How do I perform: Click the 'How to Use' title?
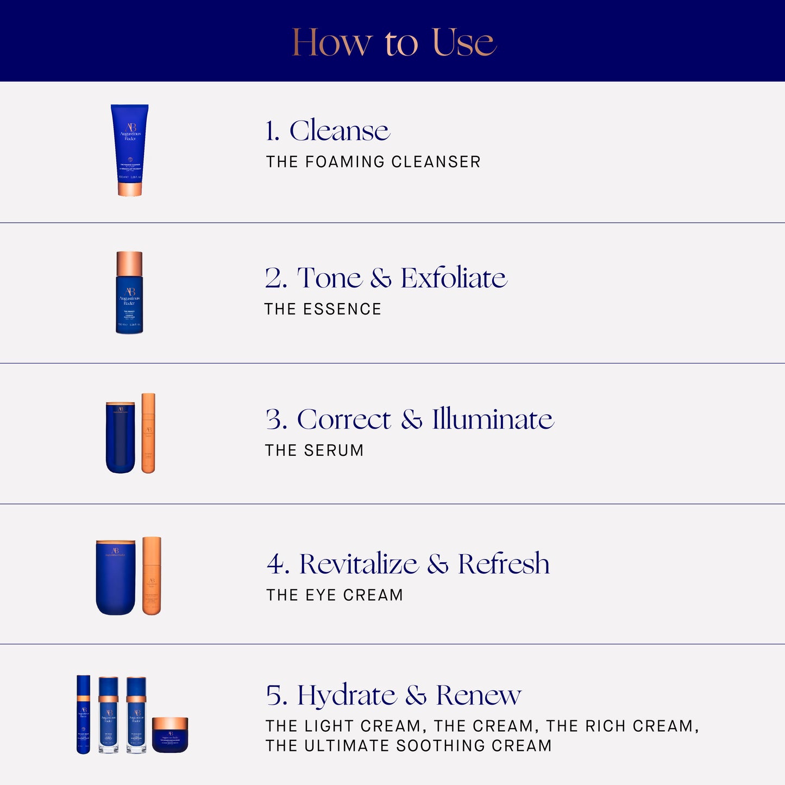[x=394, y=42]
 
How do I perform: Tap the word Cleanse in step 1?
[x=340, y=131]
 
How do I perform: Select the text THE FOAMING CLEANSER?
[x=373, y=162]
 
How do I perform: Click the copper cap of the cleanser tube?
[x=130, y=189]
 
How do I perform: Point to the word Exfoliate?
[x=454, y=278]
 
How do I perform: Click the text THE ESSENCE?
[x=323, y=309]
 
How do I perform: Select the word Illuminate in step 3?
[x=493, y=419]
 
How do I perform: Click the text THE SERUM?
[x=314, y=450]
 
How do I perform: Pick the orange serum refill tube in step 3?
[x=148, y=433]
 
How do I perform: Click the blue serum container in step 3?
[x=120, y=437]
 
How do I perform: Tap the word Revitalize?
[x=359, y=564]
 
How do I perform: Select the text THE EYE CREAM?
[x=335, y=595]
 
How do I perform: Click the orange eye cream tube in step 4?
[x=152, y=576]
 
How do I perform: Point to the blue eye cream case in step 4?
[x=116, y=577]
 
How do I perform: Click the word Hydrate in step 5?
[x=347, y=695]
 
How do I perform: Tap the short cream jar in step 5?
[x=170, y=734]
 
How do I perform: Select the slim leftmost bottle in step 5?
[x=83, y=714]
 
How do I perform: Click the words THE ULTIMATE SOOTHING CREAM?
[x=409, y=746]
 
